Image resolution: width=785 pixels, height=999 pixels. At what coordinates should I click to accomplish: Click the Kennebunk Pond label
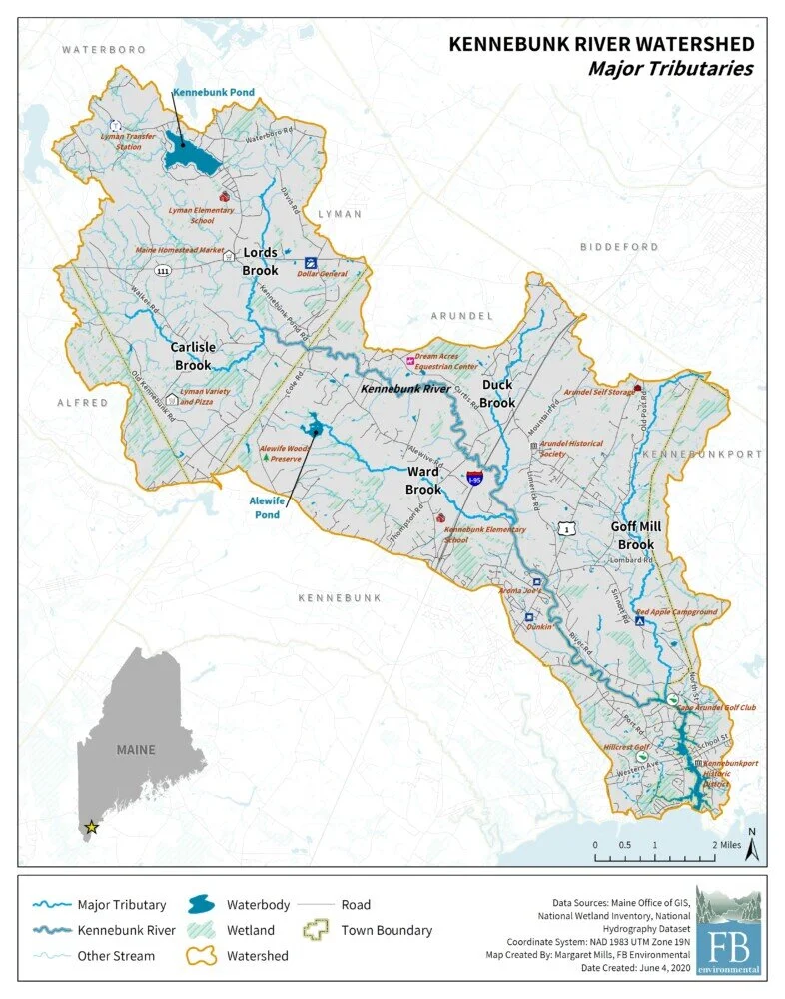[213, 92]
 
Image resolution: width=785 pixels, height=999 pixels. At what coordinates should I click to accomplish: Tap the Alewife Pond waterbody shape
[317, 429]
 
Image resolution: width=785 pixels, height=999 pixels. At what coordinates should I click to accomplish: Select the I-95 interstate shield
[475, 479]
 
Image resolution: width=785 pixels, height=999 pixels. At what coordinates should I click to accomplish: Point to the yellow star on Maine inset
[92, 826]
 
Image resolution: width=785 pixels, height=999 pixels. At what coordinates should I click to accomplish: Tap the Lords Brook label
[261, 262]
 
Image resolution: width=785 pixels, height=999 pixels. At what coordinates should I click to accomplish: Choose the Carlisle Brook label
[193, 356]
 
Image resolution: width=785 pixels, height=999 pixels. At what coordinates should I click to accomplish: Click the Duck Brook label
[497, 393]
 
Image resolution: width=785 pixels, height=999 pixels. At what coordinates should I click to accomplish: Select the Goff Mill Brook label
[635, 535]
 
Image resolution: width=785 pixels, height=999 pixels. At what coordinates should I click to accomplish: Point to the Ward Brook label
[423, 480]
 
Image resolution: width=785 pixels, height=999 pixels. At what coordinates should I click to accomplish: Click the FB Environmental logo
[728, 929]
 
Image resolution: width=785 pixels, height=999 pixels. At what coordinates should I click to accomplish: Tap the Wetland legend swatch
[204, 930]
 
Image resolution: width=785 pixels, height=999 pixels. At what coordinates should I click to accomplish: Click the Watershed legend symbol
[204, 956]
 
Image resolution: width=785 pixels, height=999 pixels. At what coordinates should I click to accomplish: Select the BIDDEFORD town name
[619, 246]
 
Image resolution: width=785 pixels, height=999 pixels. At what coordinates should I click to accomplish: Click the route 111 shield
[162, 270]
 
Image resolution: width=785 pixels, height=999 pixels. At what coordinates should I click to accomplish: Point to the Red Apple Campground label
[676, 611]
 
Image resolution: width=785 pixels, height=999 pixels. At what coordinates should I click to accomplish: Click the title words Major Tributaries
[670, 69]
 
